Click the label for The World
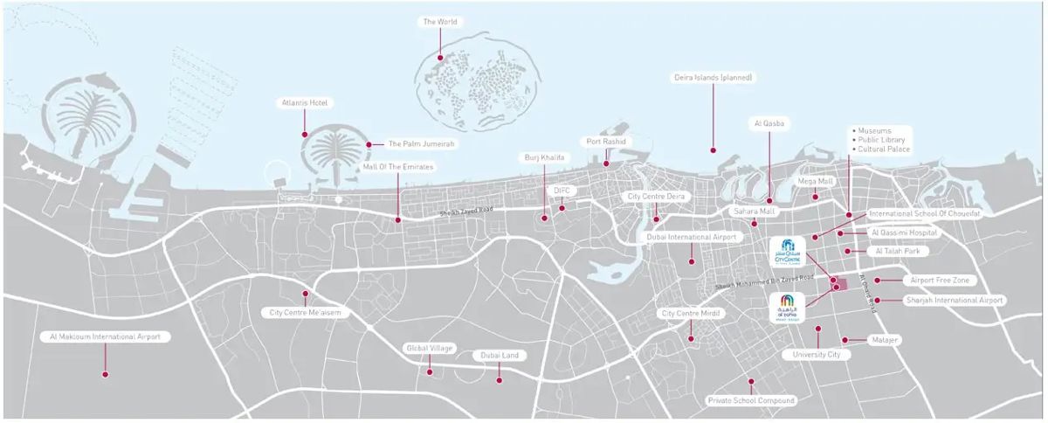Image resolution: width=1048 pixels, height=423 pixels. pos(440,22)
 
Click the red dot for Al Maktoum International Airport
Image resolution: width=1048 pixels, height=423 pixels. pos(106,374)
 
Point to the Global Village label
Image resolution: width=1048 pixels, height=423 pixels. pos(429,348)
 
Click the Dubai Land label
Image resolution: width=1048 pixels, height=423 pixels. pos(499,356)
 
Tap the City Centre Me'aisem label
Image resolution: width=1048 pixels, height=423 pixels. pos(305,313)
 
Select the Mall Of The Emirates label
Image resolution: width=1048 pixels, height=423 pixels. pos(398,166)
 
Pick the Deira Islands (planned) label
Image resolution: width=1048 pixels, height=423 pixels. pos(713,78)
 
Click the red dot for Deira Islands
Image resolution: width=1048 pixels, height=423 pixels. pos(713,149)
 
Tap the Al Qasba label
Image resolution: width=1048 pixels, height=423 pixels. pos(769,124)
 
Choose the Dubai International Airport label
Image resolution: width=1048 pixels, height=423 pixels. pos(693,237)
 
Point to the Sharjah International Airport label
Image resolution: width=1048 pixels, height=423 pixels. pos(955,300)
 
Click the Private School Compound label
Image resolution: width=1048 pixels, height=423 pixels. pos(751,400)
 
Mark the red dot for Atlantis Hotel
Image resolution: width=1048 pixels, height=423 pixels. pos(304,135)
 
